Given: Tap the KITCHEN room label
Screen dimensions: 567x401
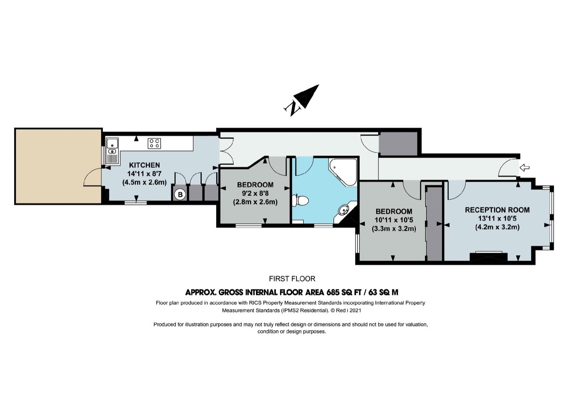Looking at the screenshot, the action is coord(144,165).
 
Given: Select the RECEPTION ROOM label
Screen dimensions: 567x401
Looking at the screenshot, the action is coord(497,210).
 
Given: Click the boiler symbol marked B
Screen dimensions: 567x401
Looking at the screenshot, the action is coord(180,195).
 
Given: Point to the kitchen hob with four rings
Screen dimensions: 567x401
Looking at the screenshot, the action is coord(154,143).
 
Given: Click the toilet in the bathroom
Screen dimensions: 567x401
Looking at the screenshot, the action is coord(300,201).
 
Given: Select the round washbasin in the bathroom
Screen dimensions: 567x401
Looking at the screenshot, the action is coord(343,210).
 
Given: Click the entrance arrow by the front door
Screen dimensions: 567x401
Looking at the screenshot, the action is coord(524,167).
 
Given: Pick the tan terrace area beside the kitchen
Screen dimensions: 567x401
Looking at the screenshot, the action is coord(59,166).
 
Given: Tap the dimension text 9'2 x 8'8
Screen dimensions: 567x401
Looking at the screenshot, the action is coord(255,193).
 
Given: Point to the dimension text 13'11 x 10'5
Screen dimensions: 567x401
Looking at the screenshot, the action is coord(497,218).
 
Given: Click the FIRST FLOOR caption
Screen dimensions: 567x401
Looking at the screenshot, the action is coord(292,279).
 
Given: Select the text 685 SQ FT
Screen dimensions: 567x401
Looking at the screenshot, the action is coord(343,292).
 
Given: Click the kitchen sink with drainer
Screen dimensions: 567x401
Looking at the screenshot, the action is coord(112,151).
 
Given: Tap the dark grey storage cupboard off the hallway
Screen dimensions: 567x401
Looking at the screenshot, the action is coord(398,144).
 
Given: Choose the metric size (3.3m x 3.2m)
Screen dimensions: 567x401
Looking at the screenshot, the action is coord(394,229).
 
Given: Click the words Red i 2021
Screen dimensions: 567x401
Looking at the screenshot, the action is coord(349,310).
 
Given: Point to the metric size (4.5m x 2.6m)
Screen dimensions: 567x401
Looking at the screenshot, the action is coord(144,182).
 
